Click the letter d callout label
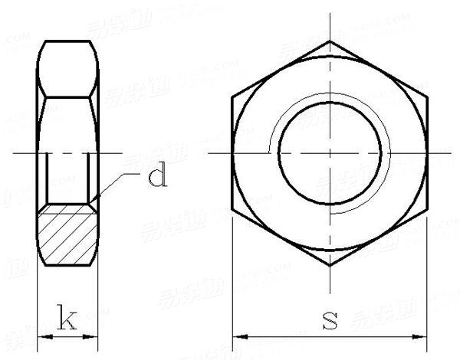[x=156, y=178]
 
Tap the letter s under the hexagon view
[x=330, y=319]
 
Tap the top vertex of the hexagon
[x=330, y=41]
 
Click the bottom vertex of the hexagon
[x=330, y=267]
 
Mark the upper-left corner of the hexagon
[x=232, y=97]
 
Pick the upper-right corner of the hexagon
[x=428, y=97]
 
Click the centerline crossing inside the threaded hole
[x=330, y=154]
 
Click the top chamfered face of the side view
[x=68, y=69]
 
